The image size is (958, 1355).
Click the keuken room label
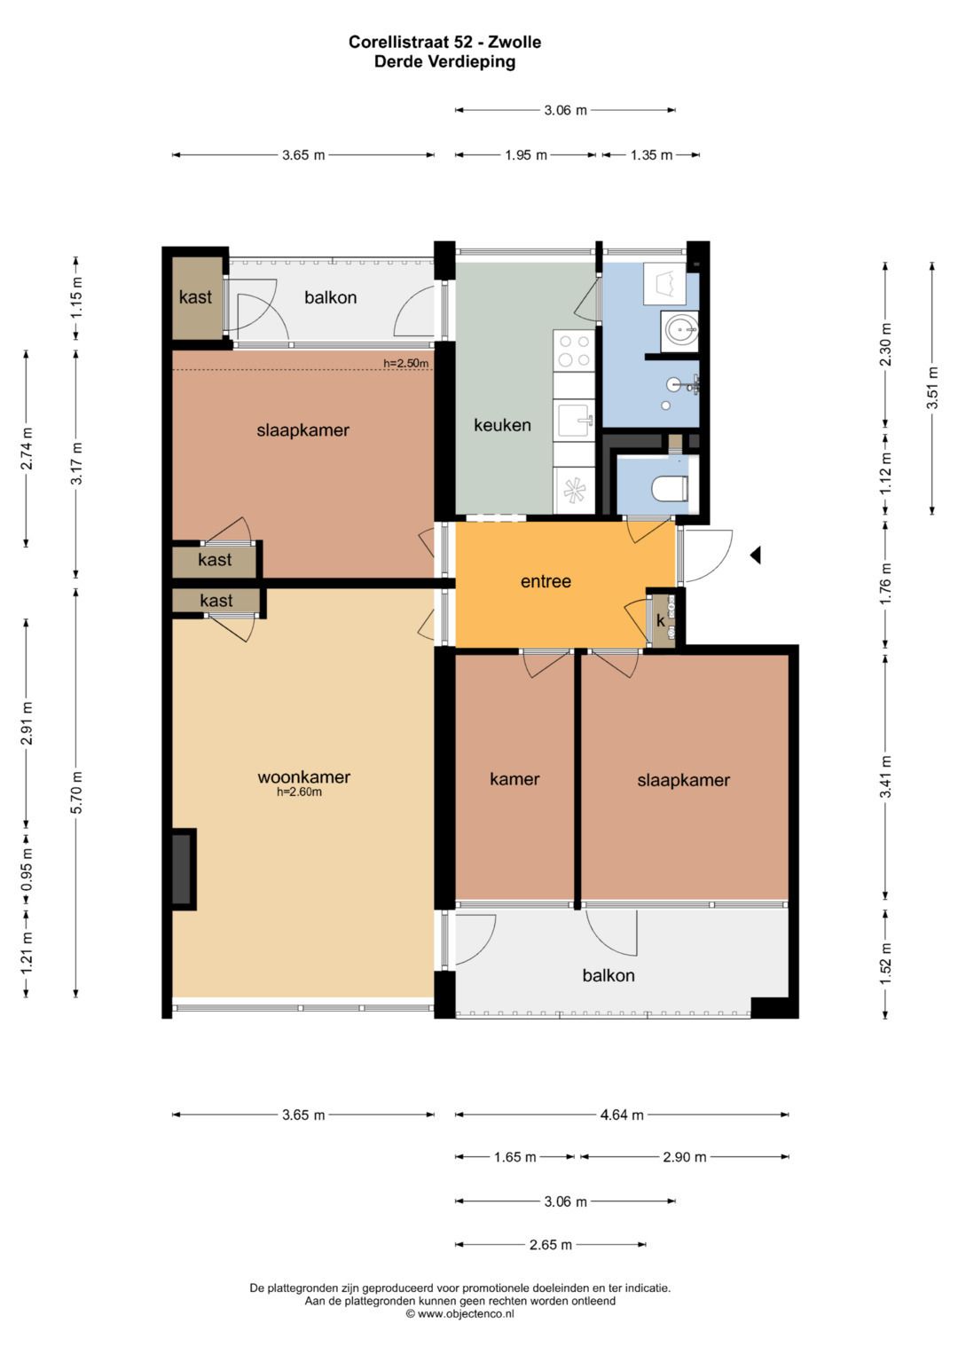[502, 425]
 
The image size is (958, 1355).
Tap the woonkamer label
[303, 777]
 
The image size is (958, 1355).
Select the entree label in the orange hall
[546, 581]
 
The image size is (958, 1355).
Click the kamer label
[514, 779]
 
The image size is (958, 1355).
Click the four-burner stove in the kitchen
[574, 351]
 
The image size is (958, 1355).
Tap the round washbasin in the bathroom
[679, 331]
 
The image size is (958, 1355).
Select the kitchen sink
[575, 420]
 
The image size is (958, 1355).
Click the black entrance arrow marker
[755, 555]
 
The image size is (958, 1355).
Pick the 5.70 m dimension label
[77, 792]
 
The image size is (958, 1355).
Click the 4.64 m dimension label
[622, 1115]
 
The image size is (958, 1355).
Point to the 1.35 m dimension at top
[651, 155]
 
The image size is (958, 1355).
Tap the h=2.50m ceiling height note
[406, 364]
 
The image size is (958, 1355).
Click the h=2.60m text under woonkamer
[300, 792]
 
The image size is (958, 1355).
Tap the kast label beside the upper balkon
[195, 297]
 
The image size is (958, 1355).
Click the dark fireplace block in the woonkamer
[182, 869]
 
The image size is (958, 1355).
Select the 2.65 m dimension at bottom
[550, 1245]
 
